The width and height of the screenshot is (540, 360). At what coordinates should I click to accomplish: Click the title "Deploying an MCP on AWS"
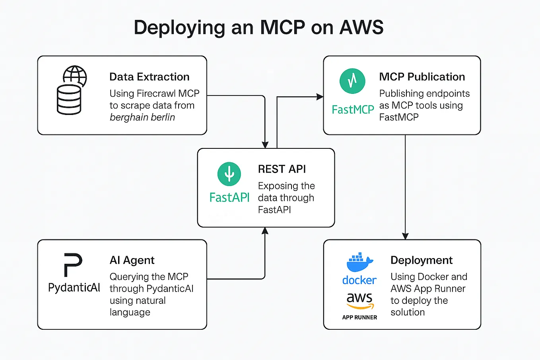(258, 28)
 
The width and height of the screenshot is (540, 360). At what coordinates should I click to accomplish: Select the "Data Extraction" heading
(149, 77)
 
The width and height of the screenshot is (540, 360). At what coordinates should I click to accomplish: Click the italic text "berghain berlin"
(142, 117)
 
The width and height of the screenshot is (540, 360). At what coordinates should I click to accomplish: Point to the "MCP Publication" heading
(422, 77)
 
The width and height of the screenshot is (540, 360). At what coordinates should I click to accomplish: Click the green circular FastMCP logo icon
(352, 81)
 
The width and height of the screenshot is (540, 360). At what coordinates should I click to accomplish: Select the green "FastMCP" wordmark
(353, 110)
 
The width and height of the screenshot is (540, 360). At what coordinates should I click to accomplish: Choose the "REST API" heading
(282, 169)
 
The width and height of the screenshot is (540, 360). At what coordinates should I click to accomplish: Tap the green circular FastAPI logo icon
(229, 174)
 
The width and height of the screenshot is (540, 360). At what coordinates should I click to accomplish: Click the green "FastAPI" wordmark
(229, 198)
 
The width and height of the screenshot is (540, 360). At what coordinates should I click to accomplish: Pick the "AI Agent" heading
(132, 260)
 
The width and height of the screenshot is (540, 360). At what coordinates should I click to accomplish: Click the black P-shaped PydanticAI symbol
(73, 265)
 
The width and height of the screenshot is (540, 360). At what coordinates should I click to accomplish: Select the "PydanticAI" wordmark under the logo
(74, 288)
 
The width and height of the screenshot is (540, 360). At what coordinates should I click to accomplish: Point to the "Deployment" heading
(422, 260)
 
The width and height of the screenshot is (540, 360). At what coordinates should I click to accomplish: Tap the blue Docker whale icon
(359, 263)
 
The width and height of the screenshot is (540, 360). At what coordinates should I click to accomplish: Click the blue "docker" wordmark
(359, 280)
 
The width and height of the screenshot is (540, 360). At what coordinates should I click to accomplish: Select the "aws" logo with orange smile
(360, 300)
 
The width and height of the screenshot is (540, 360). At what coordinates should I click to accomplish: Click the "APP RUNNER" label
(359, 317)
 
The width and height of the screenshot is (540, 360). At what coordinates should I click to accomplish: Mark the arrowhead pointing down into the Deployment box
(405, 236)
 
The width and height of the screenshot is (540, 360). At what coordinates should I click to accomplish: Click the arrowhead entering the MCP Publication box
(320, 97)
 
